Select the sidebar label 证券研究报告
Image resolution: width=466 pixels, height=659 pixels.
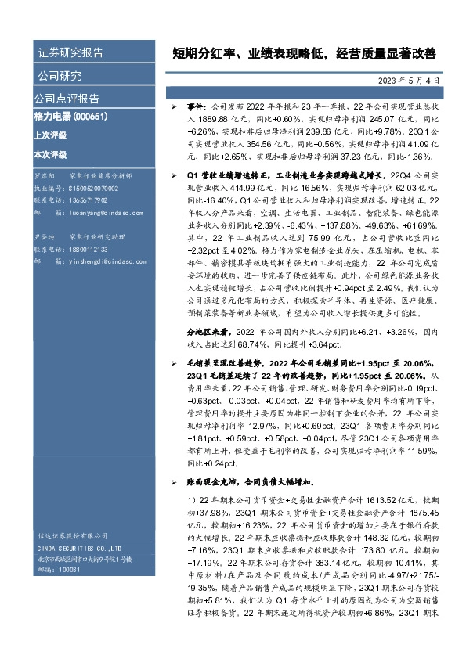pos(70,53)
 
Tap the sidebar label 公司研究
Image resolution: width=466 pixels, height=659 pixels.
pos(58,76)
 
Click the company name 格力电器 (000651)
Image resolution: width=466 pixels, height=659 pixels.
pos(71,117)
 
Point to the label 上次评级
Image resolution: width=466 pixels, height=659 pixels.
pos(51,135)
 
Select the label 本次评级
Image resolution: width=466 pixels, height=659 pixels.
pos(51,155)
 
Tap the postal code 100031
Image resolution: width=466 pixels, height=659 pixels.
pos(70,570)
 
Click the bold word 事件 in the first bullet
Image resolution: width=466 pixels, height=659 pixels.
pos(194,104)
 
